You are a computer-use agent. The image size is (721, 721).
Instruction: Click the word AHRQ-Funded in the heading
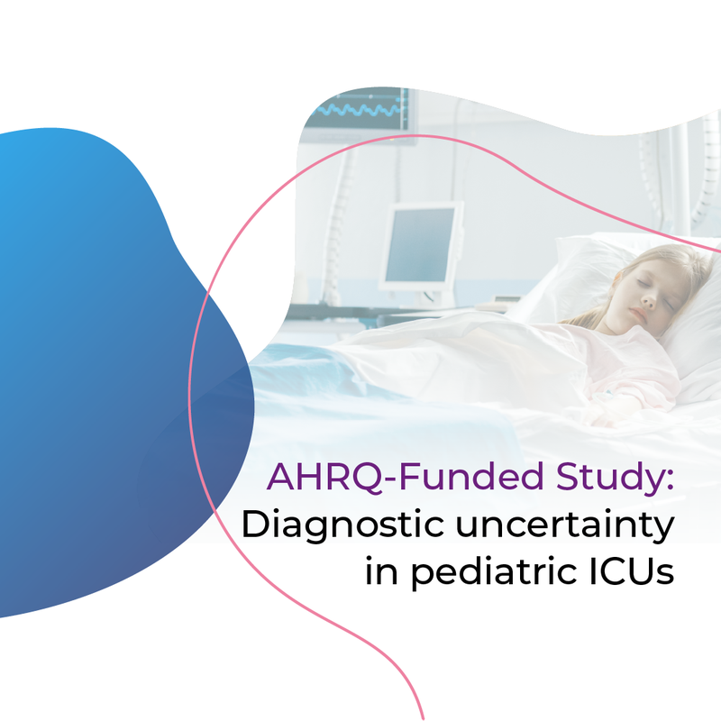click(x=406, y=477)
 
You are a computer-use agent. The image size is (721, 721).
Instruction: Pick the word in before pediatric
click(x=381, y=571)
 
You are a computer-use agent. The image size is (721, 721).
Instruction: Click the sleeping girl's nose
click(x=648, y=301)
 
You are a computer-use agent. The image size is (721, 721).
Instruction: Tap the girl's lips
click(x=637, y=314)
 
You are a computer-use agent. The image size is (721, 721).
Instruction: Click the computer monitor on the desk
click(x=420, y=246)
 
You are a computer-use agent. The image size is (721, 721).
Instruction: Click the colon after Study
click(x=670, y=481)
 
